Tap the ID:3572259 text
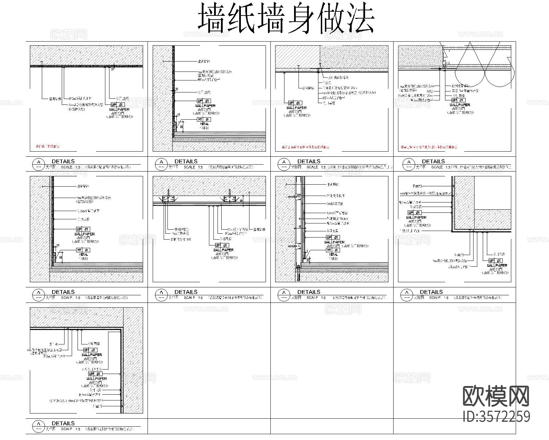pyautogui.click(x=496, y=417)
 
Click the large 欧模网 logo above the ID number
pyautogui.click(x=496, y=396)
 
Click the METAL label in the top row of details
pyautogui.click(x=204, y=124)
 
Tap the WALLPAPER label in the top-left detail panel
pyautogui.click(x=119, y=109)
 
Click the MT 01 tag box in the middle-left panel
pyautogui.click(x=83, y=250)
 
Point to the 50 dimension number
pyautogui.click(x=300, y=227)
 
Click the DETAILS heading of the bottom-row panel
pyautogui.click(x=63, y=423)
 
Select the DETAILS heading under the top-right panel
pyautogui.click(x=433, y=161)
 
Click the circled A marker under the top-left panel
pyautogui.click(x=38, y=162)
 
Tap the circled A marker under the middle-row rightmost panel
pyautogui.click(x=407, y=293)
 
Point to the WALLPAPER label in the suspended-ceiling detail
pyautogui.click(x=223, y=250)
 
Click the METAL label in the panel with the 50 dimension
pyautogui.click(x=333, y=255)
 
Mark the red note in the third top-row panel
pyautogui.click(x=302, y=147)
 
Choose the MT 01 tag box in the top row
pyautogui.click(x=204, y=119)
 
